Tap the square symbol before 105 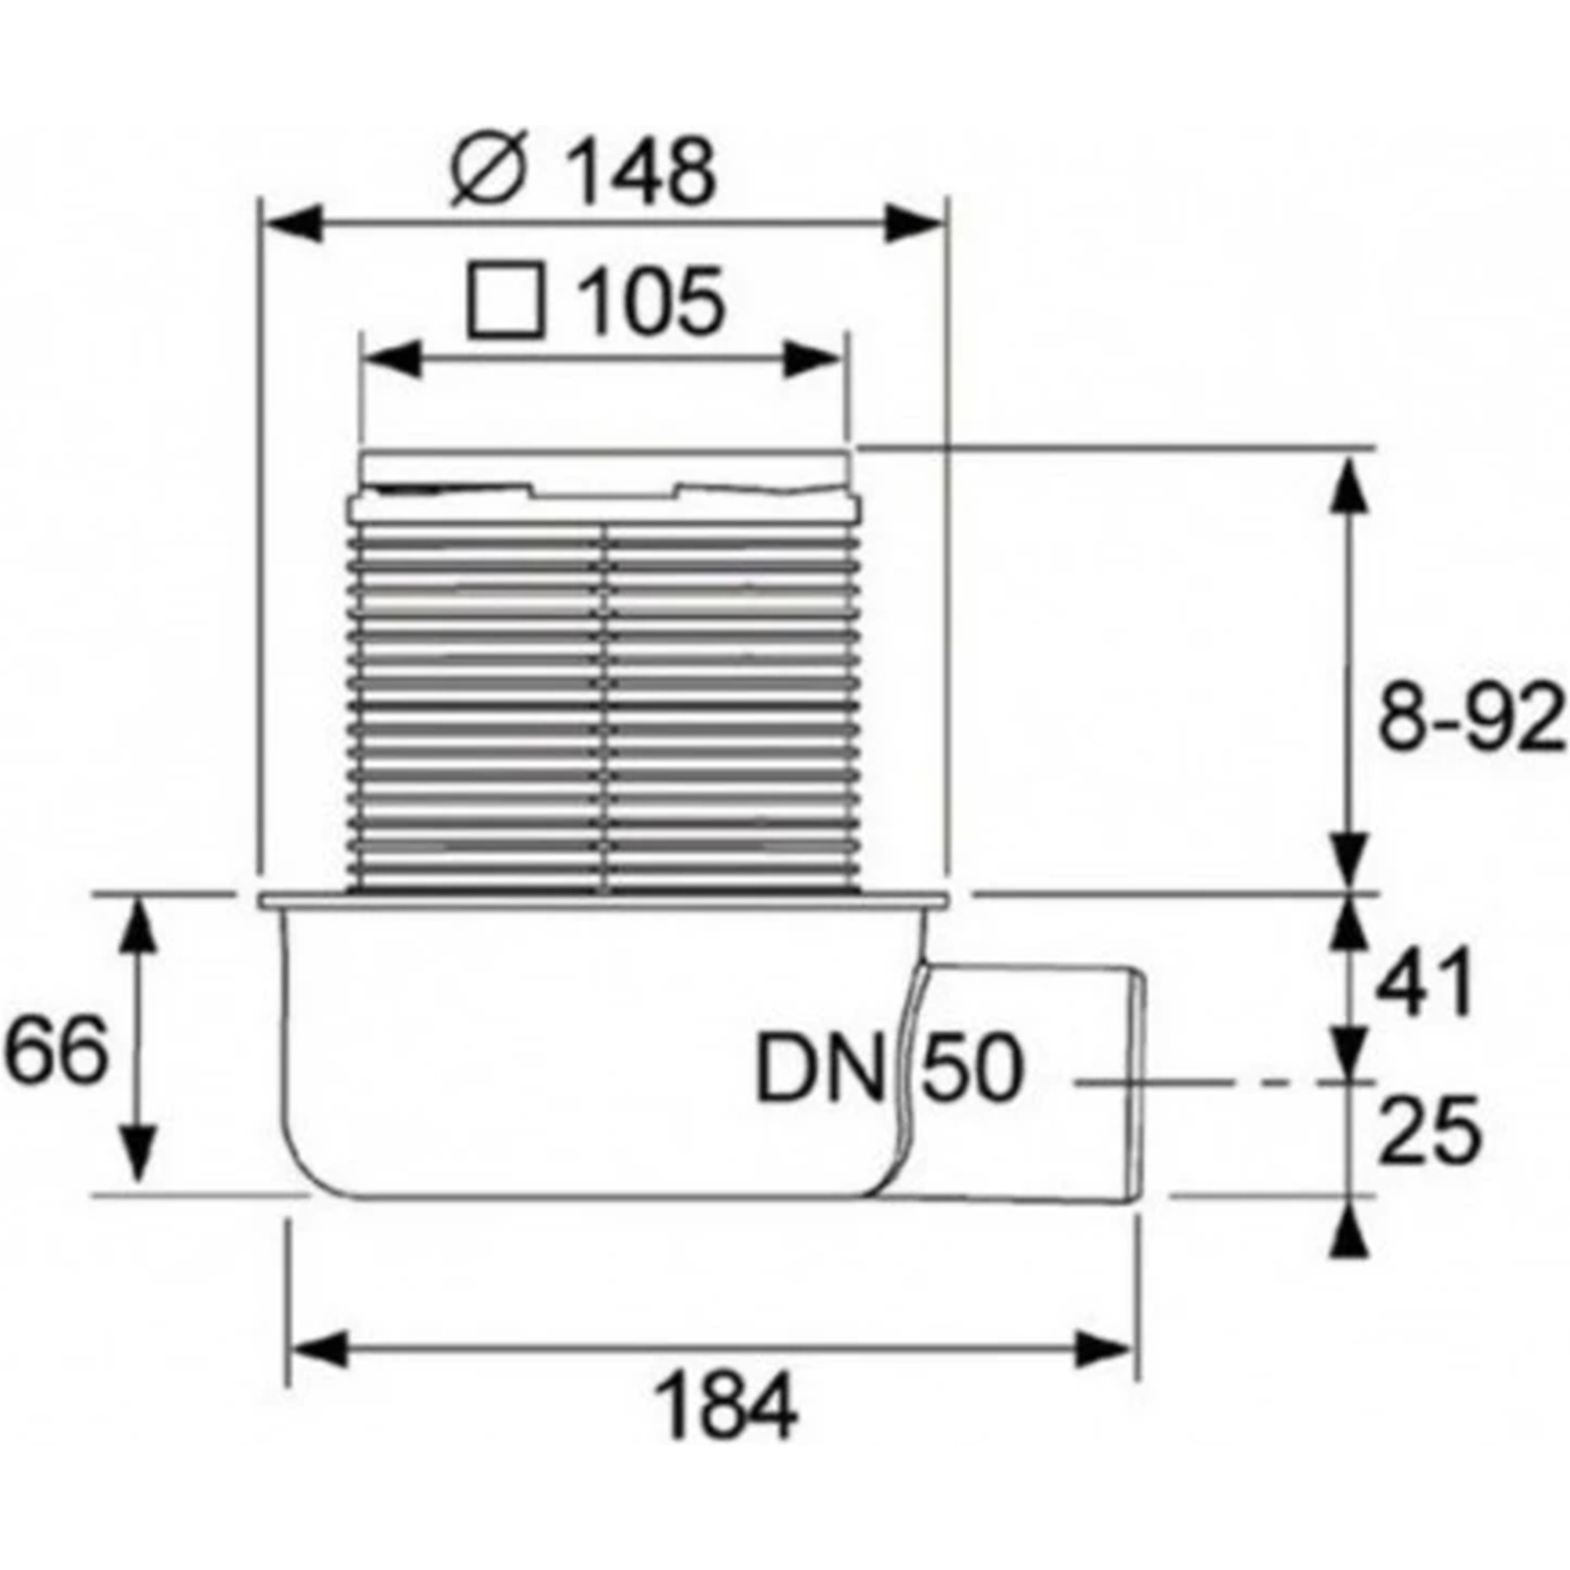pos(507,301)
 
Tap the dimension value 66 pos(56,1050)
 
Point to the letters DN pos(818,1071)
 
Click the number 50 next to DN pos(971,1070)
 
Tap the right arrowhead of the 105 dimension pos(812,359)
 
